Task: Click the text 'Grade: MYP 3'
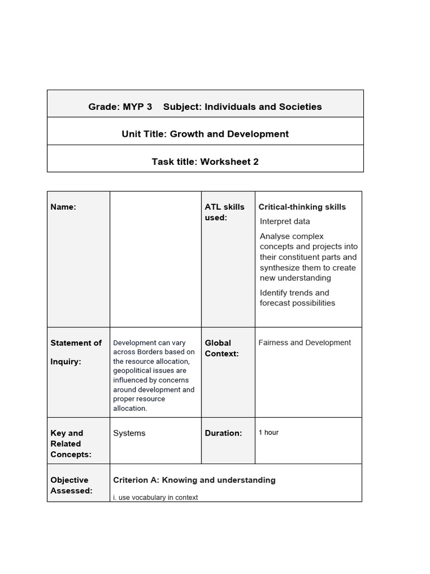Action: tap(120, 107)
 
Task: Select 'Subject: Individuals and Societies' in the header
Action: tap(242, 107)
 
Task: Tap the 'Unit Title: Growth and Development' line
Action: tap(205, 134)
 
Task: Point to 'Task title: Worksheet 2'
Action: tap(205, 162)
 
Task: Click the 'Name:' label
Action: tap(63, 207)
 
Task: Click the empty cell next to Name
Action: tap(155, 259)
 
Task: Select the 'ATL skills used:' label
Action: tap(225, 212)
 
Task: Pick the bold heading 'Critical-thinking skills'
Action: tap(302, 207)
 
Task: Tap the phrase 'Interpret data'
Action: tap(284, 221)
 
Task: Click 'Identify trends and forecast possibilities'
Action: tap(297, 298)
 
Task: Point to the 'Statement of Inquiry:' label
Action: tap(76, 352)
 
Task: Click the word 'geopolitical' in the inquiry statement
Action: tap(134, 371)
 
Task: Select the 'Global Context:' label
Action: tap(222, 348)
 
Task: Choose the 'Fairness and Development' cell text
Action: tap(305, 342)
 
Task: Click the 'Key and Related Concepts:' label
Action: tap(71, 443)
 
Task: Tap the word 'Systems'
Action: tap(129, 433)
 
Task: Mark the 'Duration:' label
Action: tap(223, 433)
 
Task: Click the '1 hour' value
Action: tap(268, 432)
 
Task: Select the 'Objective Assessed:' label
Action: tap(72, 485)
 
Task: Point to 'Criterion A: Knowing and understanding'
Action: tap(194, 480)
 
